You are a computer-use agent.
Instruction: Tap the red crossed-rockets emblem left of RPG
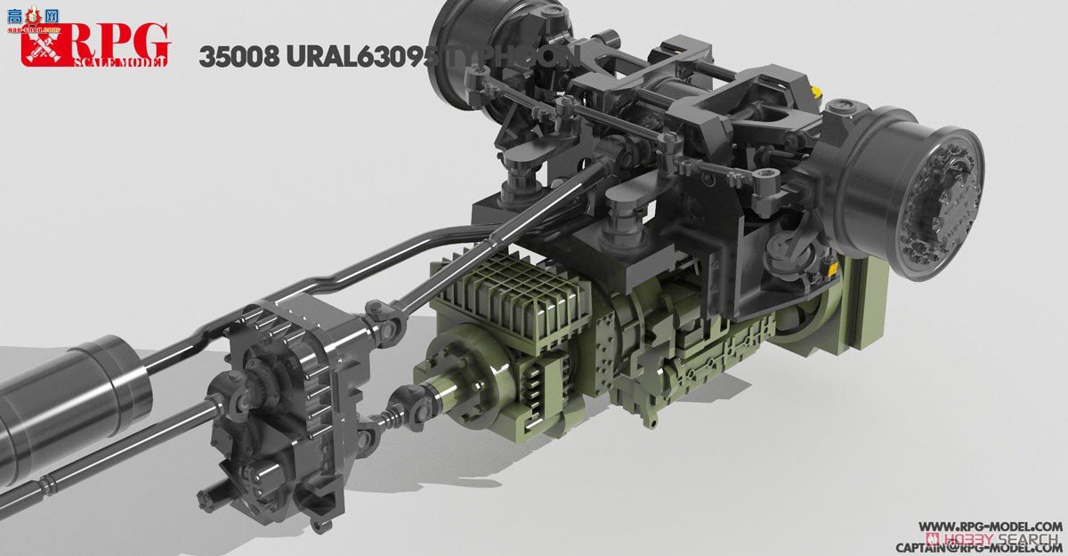(x=41, y=44)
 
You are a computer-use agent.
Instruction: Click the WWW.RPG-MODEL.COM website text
(x=989, y=526)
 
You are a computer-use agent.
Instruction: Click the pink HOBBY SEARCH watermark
(x=993, y=538)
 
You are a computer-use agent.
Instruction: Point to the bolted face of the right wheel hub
(x=943, y=190)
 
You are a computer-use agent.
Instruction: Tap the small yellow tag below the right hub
(x=831, y=267)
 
